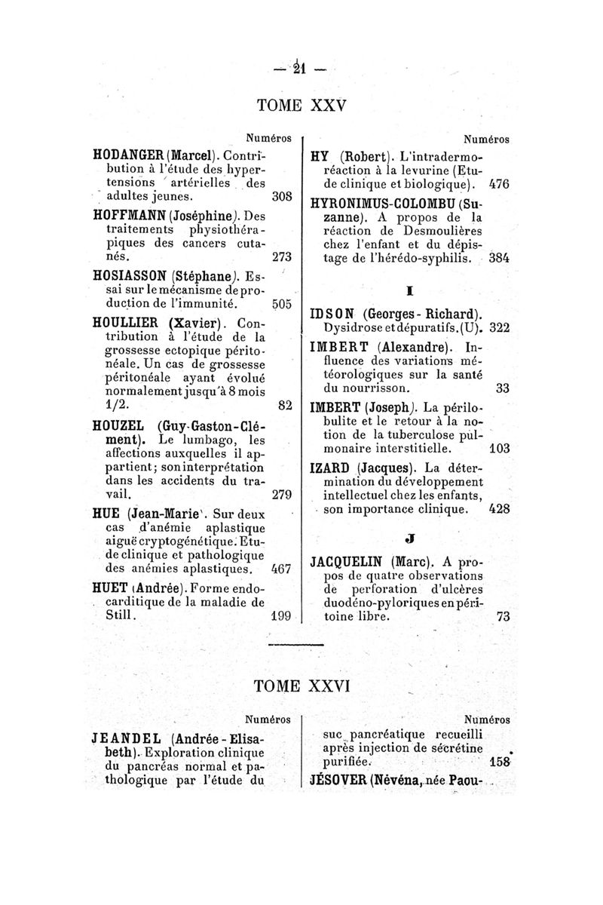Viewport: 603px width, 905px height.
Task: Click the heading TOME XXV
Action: tap(301, 105)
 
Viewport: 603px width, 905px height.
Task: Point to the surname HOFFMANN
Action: tap(129, 213)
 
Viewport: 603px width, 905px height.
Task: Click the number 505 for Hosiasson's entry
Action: tap(281, 305)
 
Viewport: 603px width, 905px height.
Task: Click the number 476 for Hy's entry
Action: tap(499, 183)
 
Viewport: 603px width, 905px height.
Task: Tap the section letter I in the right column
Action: tap(410, 289)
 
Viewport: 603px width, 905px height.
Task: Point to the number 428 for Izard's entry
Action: tap(499, 509)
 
